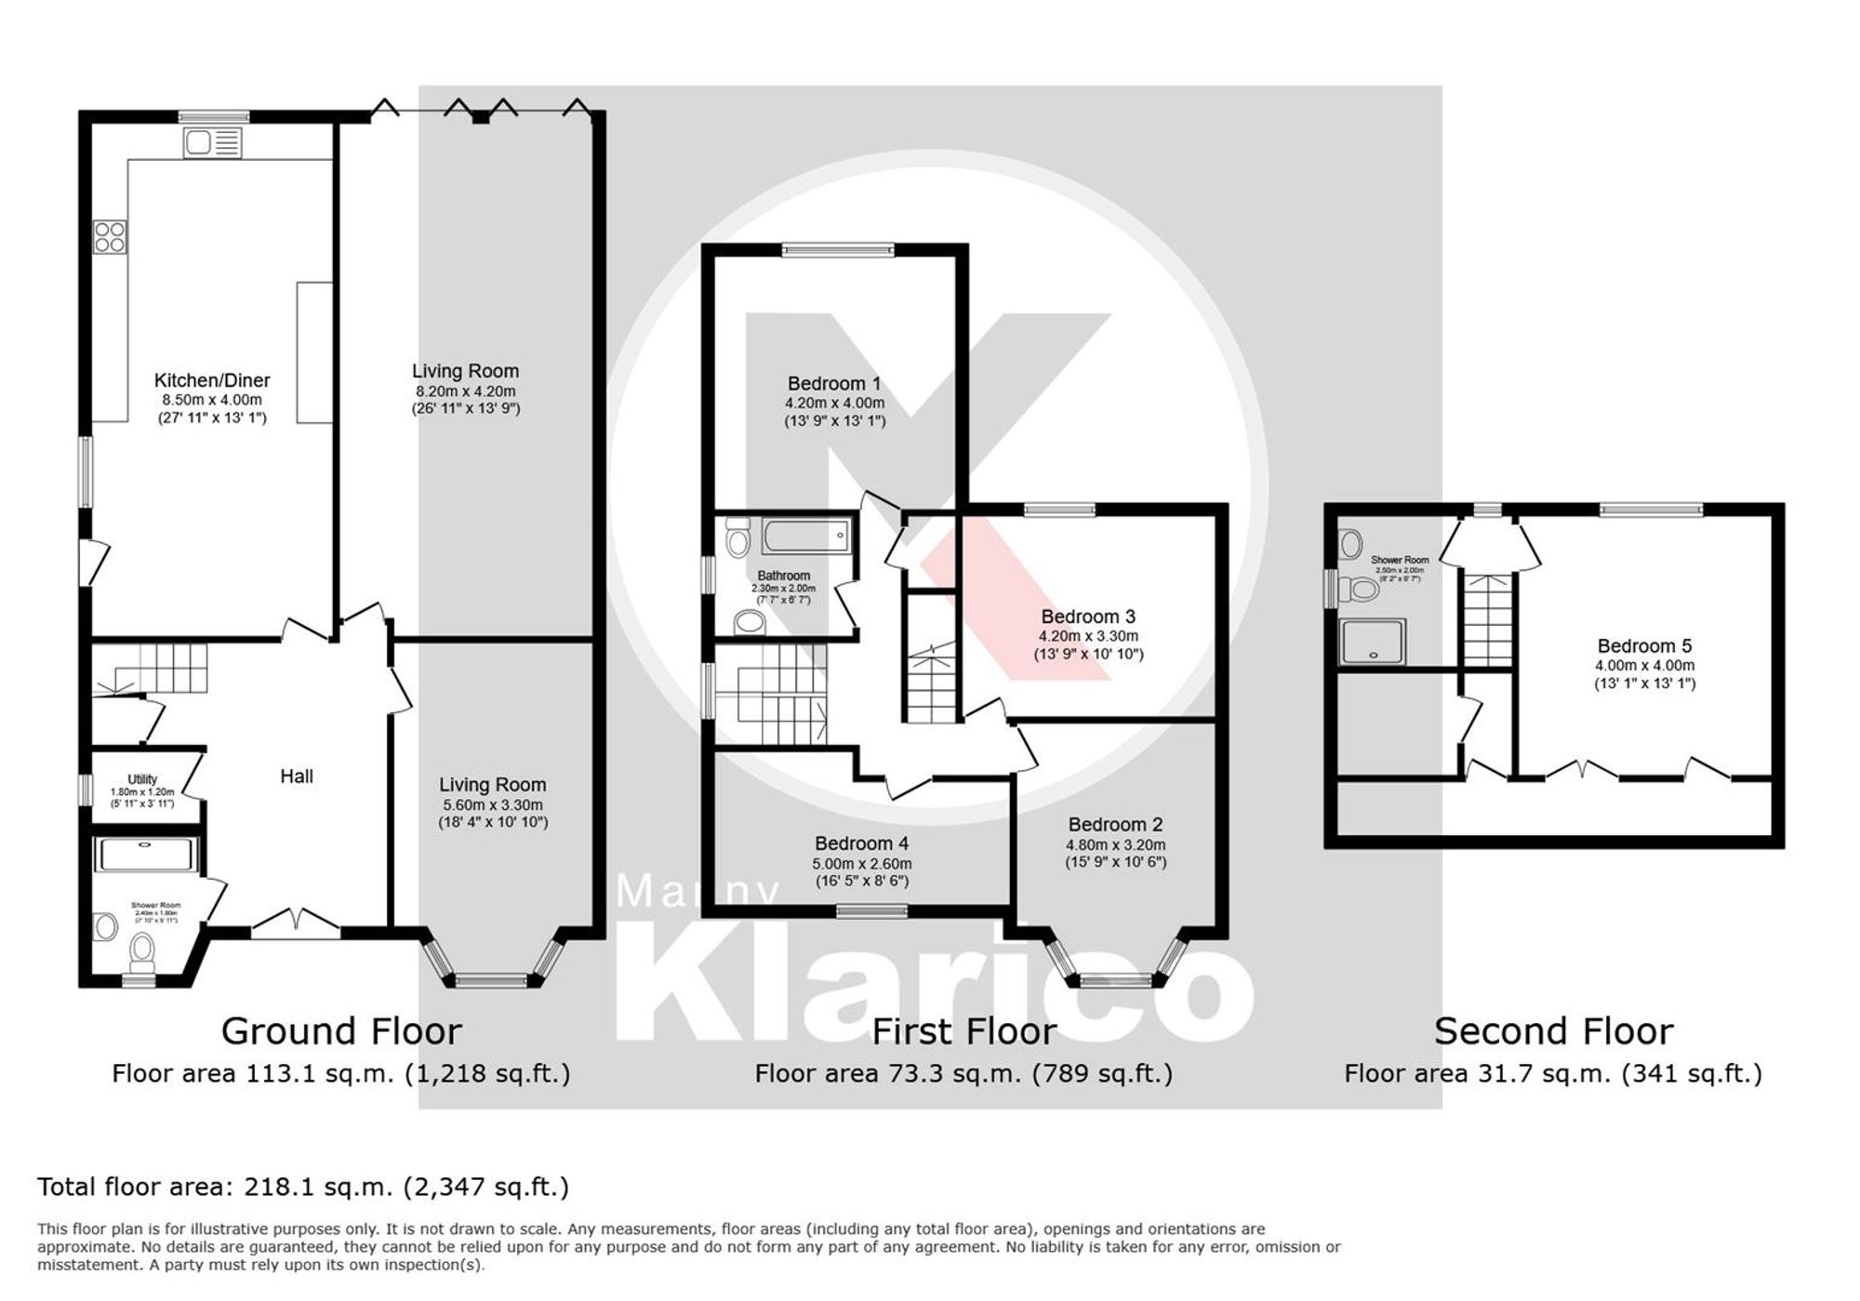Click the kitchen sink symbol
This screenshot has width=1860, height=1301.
tap(212, 143)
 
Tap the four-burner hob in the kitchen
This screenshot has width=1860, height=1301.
tap(110, 236)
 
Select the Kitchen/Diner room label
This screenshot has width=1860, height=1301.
tap(212, 380)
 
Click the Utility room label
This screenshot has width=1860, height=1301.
tap(142, 779)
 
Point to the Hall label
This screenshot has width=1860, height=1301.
tap(297, 776)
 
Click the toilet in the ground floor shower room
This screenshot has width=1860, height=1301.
tap(141, 949)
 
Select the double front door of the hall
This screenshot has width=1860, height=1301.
tap(296, 922)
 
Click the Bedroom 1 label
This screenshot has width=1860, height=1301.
tap(833, 383)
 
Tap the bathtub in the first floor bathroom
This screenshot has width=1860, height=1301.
tap(805, 537)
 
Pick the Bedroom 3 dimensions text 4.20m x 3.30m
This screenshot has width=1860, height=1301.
tap(1088, 636)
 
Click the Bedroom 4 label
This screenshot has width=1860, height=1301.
tap(861, 843)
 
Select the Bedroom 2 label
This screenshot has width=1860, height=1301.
tap(1115, 824)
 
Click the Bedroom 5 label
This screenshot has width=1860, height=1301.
tap(1644, 645)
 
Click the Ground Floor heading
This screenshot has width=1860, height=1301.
tap(341, 1031)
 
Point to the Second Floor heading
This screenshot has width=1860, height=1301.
tap(1553, 1031)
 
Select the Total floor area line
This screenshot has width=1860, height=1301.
tap(303, 1188)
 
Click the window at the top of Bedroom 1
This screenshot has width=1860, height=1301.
tap(837, 249)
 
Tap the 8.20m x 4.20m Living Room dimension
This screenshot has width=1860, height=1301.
tap(465, 392)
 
